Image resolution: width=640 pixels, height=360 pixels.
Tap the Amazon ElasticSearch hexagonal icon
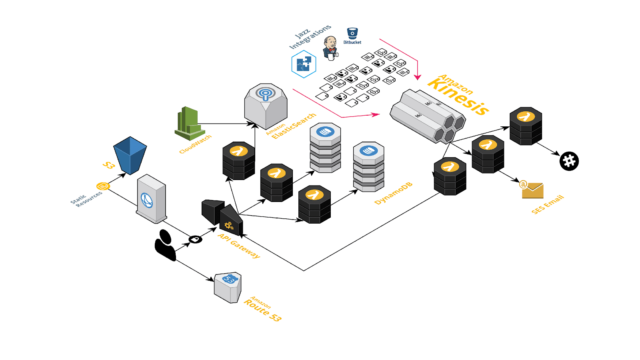click(266, 106)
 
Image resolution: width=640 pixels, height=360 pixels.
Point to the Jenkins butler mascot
click(330, 48)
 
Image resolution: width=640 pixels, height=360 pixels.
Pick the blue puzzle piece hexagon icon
click(304, 64)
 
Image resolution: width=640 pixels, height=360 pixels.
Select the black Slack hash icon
click(569, 161)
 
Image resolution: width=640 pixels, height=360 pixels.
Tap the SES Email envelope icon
click(532, 190)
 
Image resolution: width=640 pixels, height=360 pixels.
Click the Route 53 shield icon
click(228, 287)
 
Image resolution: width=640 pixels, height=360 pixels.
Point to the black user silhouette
click(165, 245)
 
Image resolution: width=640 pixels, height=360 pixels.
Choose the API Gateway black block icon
click(222, 216)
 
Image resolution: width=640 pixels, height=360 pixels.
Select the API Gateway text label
click(239, 246)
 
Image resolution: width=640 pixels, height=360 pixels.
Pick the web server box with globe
click(151, 198)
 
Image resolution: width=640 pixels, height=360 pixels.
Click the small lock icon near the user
click(195, 239)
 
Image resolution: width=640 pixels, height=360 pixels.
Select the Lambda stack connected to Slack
click(526, 126)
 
